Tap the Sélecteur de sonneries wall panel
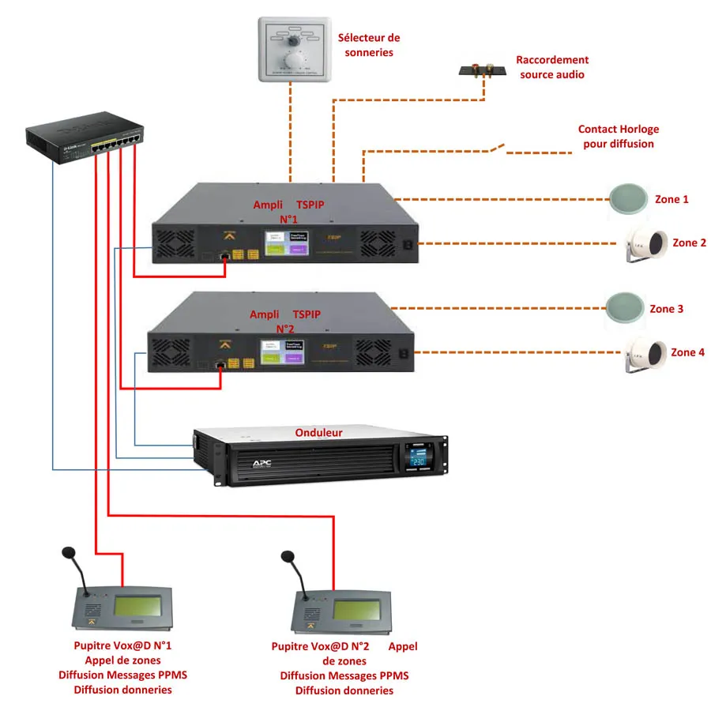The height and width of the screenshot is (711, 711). point(292,49)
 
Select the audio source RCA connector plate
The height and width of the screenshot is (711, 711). point(483,71)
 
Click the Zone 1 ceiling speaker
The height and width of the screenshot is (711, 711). point(630,199)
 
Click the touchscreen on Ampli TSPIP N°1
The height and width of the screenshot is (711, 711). point(285,243)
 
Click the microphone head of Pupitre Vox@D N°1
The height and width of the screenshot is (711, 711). point(69,552)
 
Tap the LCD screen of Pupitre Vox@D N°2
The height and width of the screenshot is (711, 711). point(359,610)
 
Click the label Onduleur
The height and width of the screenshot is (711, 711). point(318,432)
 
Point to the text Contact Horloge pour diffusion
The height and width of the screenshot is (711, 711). point(618,137)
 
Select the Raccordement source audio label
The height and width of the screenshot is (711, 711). point(552,66)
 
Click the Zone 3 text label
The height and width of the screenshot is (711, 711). point(666,309)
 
